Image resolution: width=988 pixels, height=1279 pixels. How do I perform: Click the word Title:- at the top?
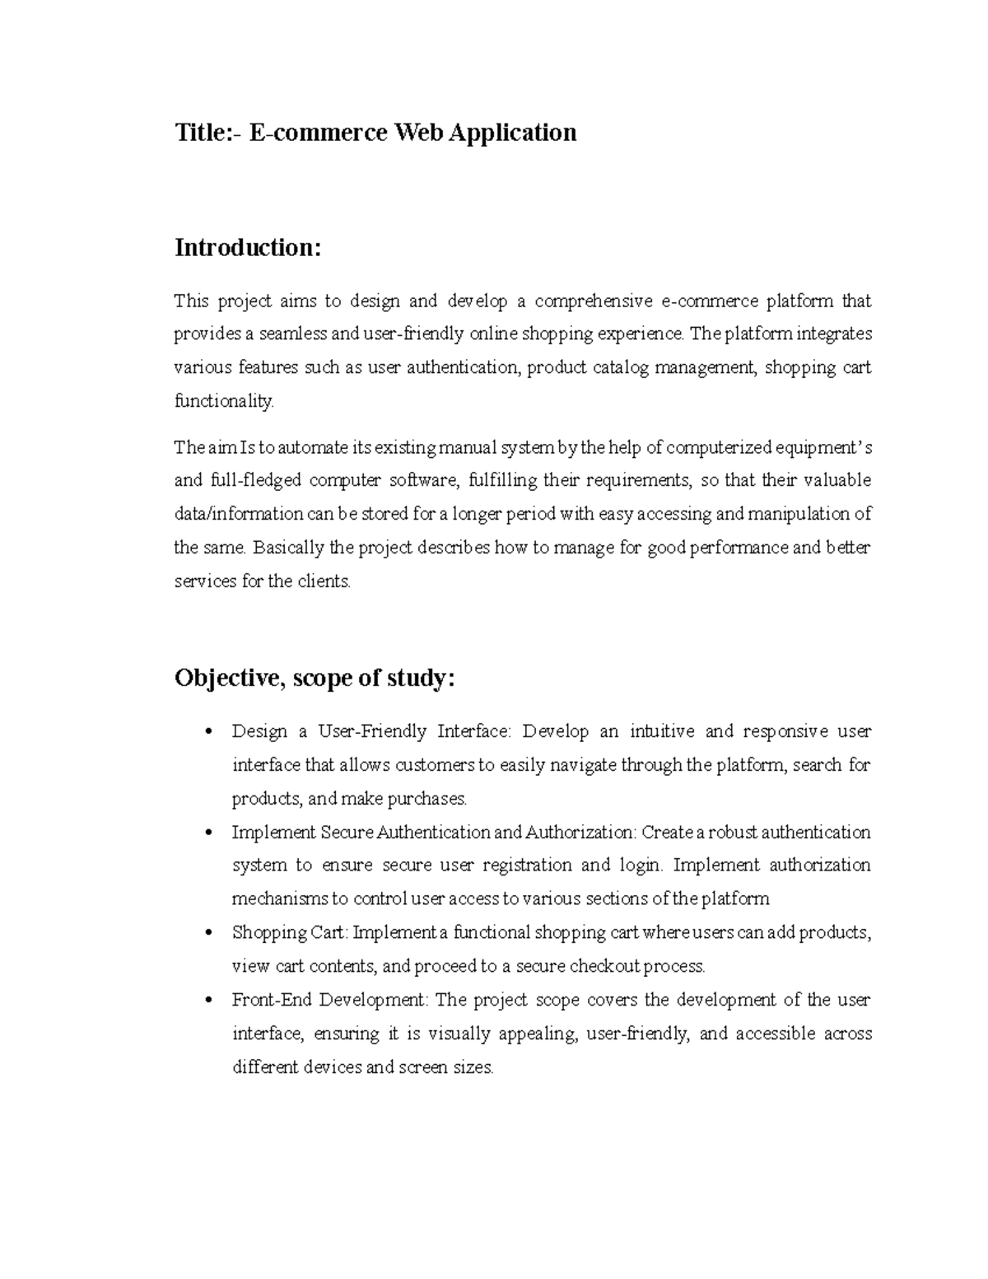pyautogui.click(x=208, y=133)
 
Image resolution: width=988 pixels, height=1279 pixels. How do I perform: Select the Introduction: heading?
pyautogui.click(x=246, y=248)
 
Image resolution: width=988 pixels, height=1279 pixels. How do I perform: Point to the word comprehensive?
pyautogui.click(x=593, y=301)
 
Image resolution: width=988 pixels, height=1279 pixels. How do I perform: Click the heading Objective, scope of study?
pyautogui.click(x=314, y=679)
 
